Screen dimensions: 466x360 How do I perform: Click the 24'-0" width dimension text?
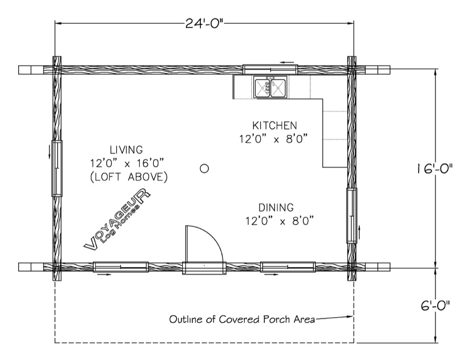coord(204,23)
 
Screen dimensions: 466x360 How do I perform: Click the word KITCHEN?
coord(274,125)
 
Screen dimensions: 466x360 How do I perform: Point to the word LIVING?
coord(126,149)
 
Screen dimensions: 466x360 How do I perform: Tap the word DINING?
coord(276,207)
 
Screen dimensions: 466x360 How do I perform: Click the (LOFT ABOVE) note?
coord(129,177)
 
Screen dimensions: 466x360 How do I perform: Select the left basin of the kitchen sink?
coord(262,87)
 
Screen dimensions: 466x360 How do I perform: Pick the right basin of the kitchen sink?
coord(278,87)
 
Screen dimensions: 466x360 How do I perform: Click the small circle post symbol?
coord(204,169)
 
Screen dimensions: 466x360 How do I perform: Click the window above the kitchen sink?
coord(270,69)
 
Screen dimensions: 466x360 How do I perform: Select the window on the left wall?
coord(57,168)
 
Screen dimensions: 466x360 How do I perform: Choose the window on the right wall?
coord(352,216)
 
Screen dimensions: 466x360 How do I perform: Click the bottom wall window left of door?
coord(121,267)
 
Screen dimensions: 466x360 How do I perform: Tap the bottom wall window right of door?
coord(288,267)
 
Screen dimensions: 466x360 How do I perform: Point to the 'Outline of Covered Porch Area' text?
coord(242,319)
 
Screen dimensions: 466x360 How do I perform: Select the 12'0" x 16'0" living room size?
coord(128,163)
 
